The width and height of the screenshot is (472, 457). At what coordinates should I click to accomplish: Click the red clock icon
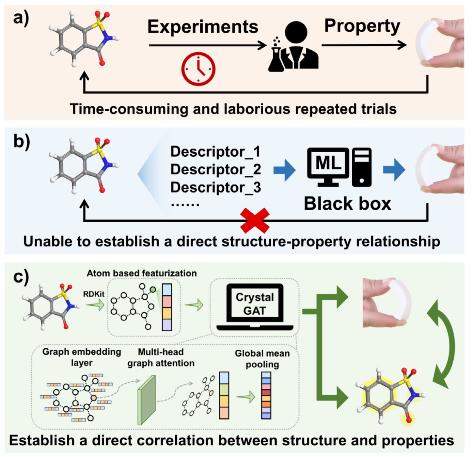[x=198, y=68]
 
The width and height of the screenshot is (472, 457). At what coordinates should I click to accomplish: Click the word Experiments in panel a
[x=203, y=27]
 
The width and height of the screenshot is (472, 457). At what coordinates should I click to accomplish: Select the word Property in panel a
[x=362, y=26]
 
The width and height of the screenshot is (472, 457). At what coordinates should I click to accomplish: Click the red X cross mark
[x=255, y=221]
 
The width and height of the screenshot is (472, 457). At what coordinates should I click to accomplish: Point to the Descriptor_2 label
[x=216, y=169]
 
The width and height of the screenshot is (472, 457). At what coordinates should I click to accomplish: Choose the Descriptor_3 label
[x=216, y=187]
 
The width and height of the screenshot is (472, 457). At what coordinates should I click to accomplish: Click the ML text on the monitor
[x=328, y=163]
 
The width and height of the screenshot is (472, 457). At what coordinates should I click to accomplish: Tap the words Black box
[x=347, y=204]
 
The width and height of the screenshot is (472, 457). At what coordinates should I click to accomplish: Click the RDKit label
[x=94, y=294]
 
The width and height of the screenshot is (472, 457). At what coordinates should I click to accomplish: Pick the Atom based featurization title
[x=142, y=273]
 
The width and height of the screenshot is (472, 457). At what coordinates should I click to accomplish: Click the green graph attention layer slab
[x=147, y=400]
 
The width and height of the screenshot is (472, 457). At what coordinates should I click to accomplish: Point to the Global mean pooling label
[x=262, y=359]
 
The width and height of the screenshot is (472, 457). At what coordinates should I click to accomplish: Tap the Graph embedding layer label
[x=81, y=357]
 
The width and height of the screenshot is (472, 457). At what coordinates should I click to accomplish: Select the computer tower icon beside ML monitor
[x=362, y=167]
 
